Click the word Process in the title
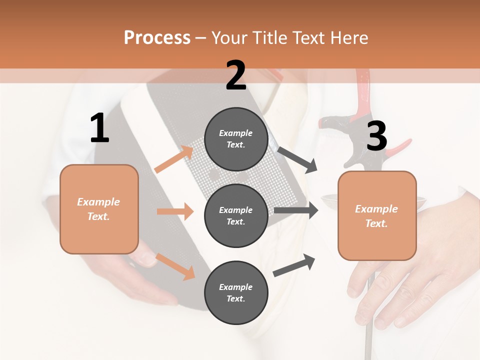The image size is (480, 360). point(157,37)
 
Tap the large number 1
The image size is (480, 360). point(99,129)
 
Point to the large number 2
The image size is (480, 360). point(236,75)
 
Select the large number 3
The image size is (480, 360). point(376,136)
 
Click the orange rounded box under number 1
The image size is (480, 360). point(99,209)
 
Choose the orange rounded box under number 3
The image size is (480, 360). point(377,215)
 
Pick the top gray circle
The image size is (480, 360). point(236,139)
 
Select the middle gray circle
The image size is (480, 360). point(236,215)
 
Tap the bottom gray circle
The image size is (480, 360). point(236,292)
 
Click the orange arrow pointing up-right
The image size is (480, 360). point(174,159)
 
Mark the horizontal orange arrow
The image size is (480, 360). point(175,211)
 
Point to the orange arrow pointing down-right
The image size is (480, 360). point(175,266)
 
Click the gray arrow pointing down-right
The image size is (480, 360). point(297,160)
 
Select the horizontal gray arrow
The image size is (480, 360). point(296,210)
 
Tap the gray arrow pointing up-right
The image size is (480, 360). point(294,265)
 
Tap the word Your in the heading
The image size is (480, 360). point(228,37)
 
